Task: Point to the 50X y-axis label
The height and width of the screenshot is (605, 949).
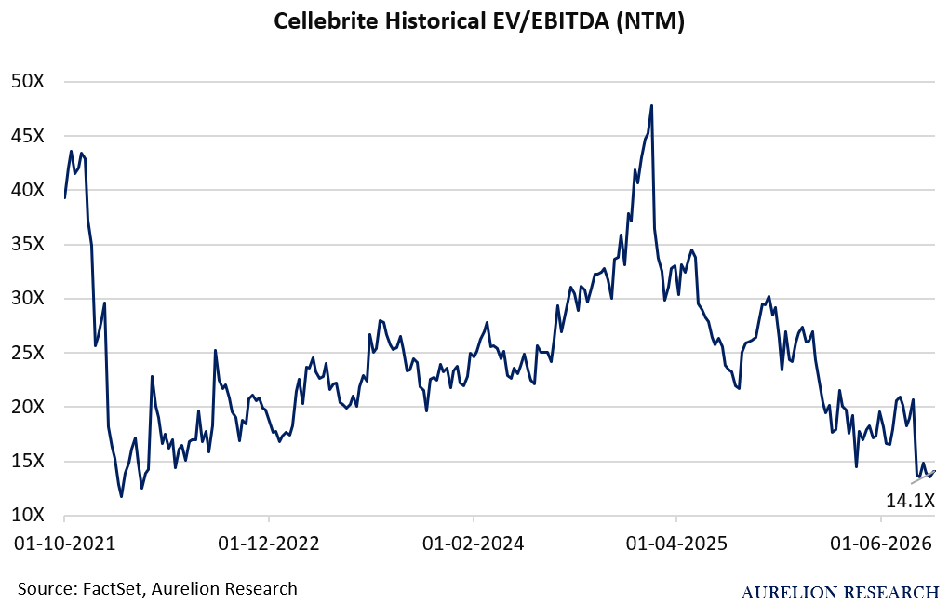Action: pyautogui.click(x=28, y=81)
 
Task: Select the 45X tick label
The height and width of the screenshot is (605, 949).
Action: pyautogui.click(x=28, y=136)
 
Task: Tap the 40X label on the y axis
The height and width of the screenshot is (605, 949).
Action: pyautogui.click(x=28, y=190)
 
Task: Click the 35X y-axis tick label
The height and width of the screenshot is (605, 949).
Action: pyautogui.click(x=28, y=244)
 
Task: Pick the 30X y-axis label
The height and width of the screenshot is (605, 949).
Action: pyautogui.click(x=28, y=298)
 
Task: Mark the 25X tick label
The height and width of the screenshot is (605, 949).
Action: pyautogui.click(x=28, y=353)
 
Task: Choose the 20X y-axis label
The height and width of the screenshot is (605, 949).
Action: pyautogui.click(x=28, y=407)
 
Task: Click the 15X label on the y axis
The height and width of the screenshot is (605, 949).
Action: pyautogui.click(x=28, y=461)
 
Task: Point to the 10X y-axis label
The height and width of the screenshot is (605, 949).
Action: pyautogui.click(x=28, y=515)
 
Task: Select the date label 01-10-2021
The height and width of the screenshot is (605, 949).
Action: pyautogui.click(x=65, y=544)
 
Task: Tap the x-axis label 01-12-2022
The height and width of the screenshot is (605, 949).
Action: pyautogui.click(x=269, y=544)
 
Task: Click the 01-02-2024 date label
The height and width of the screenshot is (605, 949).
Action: pyautogui.click(x=474, y=544)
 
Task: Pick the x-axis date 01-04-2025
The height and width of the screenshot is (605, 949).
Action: pyautogui.click(x=676, y=544)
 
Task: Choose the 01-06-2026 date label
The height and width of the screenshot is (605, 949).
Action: pyautogui.click(x=880, y=544)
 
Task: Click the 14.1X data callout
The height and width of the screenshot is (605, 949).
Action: pyautogui.click(x=911, y=500)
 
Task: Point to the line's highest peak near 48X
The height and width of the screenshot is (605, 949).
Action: pyautogui.click(x=651, y=105)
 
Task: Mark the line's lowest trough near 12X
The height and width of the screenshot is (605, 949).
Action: pyautogui.click(x=122, y=497)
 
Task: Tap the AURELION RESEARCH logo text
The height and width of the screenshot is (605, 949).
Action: pyautogui.click(x=840, y=592)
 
